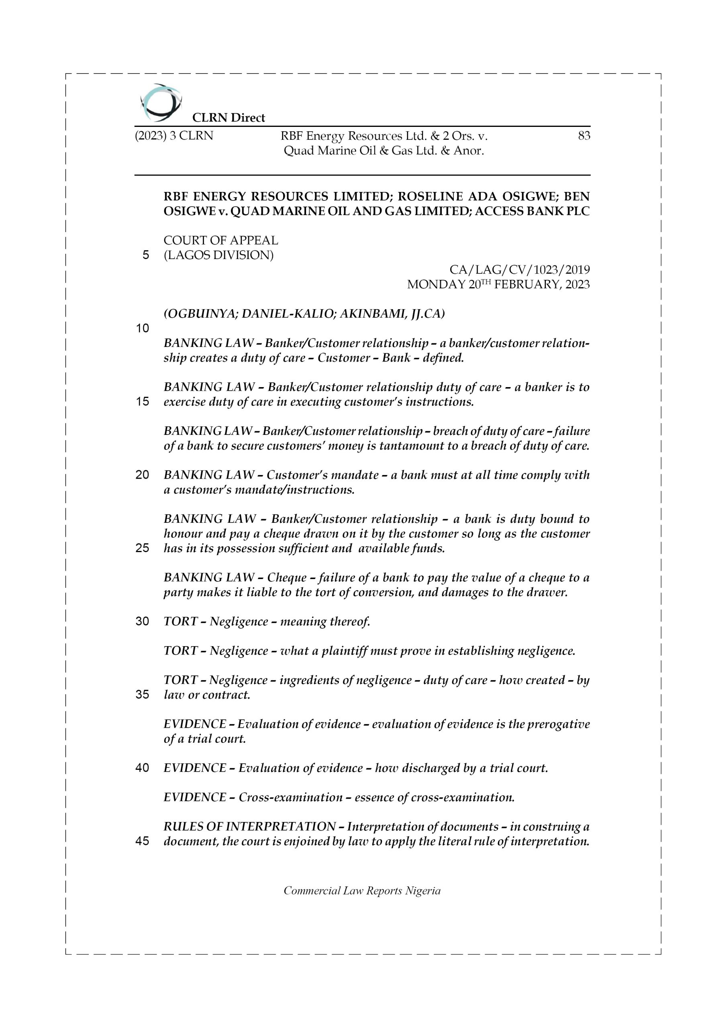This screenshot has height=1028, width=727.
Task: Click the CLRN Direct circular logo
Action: coord(161,103)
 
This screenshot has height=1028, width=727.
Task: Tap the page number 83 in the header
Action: coord(584,136)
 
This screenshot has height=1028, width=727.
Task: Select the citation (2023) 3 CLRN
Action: coord(174,136)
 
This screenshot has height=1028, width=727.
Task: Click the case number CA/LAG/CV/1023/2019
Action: coord(520,270)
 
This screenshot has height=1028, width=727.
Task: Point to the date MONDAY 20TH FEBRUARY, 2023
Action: coord(498,285)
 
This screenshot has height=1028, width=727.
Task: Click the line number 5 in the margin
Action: coord(145,255)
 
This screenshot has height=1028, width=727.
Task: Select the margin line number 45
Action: coord(142,841)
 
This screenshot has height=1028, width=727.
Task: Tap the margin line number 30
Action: coord(142,622)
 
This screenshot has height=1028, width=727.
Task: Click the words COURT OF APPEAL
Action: coord(221,241)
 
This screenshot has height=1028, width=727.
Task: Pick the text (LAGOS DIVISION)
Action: coord(218,255)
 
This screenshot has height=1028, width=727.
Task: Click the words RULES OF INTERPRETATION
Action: coord(249,826)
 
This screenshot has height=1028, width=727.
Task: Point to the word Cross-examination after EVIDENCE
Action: coord(291,797)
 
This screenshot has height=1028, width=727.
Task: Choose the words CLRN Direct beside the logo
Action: coord(229,118)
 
